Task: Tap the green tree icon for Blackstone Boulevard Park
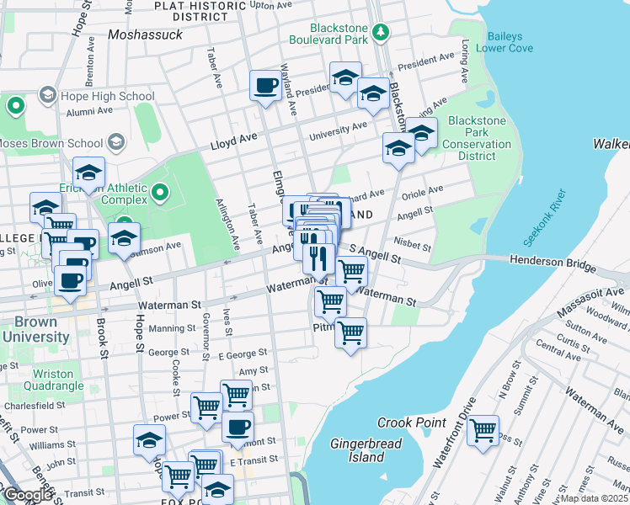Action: [x=382, y=32]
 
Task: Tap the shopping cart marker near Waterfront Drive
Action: [x=483, y=430]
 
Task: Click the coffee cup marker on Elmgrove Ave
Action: [x=266, y=85]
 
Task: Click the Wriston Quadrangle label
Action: [x=58, y=380]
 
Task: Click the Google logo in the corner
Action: [x=28, y=495]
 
